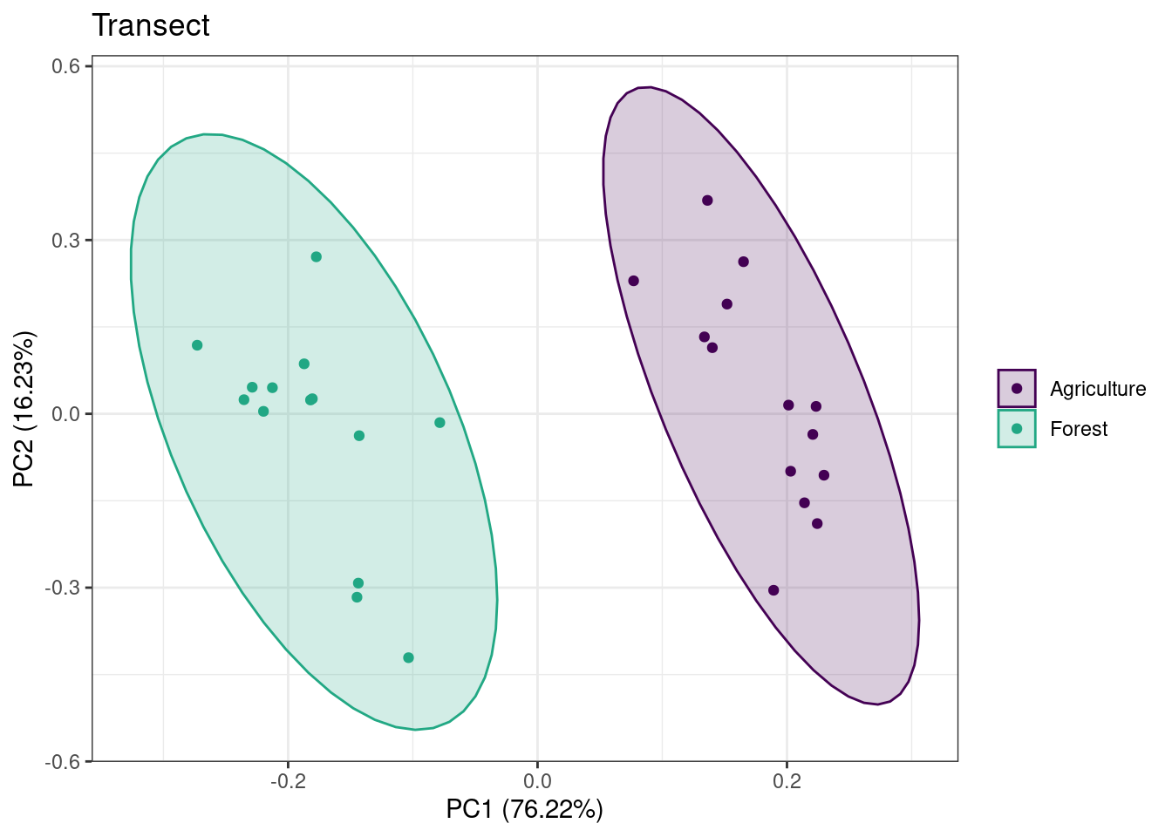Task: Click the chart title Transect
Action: point(151,26)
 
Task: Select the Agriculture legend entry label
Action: point(1097,389)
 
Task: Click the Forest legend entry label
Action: point(1078,429)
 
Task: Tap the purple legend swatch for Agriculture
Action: point(1017,389)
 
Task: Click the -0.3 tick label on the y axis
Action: point(65,588)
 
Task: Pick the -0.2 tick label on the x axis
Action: point(288,781)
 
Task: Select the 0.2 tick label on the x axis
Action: point(787,781)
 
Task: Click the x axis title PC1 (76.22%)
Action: point(524,809)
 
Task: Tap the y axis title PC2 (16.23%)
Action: point(24,409)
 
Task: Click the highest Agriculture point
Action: point(707,201)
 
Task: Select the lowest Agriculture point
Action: point(773,590)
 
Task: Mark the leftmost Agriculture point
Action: point(634,281)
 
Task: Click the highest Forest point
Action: point(317,257)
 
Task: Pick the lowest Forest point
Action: point(408,657)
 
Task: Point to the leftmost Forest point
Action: point(197,345)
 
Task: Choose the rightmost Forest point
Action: point(439,423)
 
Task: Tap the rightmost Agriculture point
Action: point(823,475)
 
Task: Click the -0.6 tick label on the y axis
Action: point(65,762)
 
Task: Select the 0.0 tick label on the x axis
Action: point(537,781)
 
